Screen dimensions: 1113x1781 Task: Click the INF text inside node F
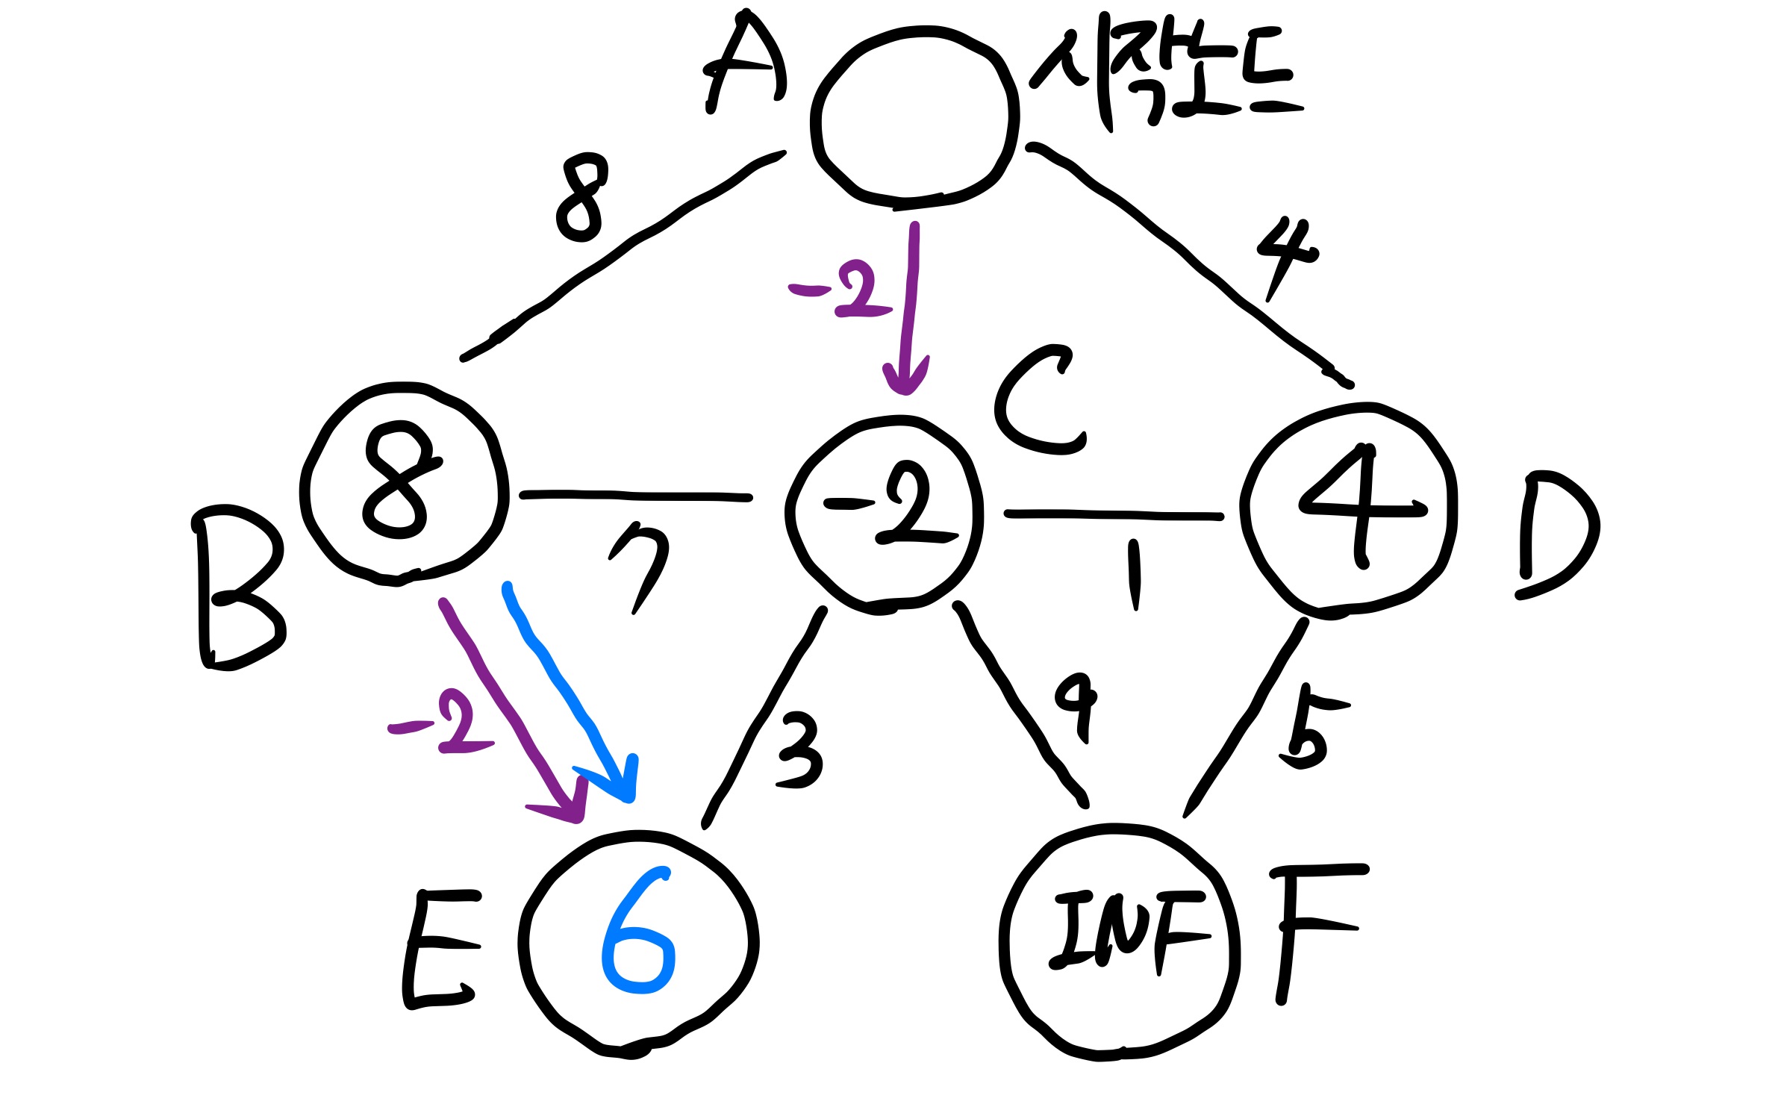pyautogui.click(x=1127, y=933)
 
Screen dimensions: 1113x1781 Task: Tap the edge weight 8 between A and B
pyautogui.click(x=582, y=197)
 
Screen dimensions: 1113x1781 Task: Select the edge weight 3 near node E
pyautogui.click(x=799, y=750)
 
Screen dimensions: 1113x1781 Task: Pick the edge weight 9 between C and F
pyautogui.click(x=1077, y=705)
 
